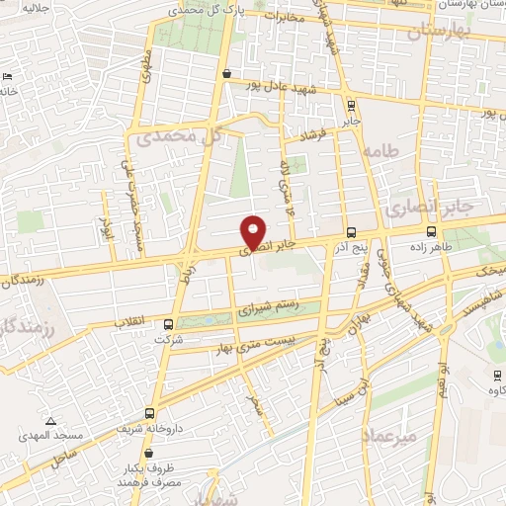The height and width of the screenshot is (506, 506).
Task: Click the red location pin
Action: click(x=254, y=232)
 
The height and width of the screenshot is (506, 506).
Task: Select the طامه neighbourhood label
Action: click(x=379, y=151)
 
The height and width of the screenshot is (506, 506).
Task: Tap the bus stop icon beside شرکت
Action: click(x=168, y=324)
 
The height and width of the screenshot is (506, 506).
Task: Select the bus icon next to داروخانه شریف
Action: click(x=148, y=413)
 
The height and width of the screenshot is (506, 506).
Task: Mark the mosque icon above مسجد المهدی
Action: click(x=39, y=420)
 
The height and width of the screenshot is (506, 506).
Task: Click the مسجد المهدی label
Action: click(x=40, y=436)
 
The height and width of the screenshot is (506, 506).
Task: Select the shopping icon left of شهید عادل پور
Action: click(x=228, y=73)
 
